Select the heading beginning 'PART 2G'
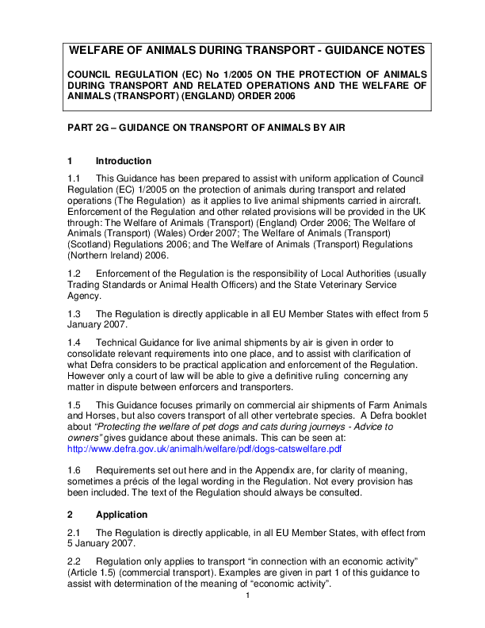206,128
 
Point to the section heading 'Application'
121,515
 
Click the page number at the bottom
247,595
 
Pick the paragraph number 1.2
75,273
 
